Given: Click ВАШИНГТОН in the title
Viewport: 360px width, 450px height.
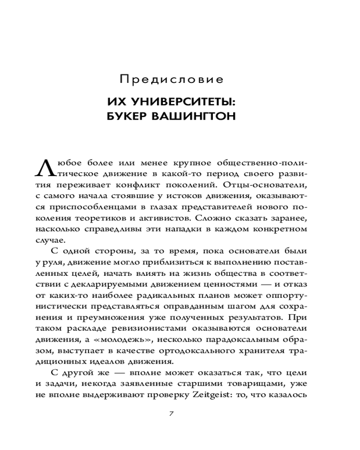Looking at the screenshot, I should tap(197, 117).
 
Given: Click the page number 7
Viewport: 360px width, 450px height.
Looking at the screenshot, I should tap(171, 414).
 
